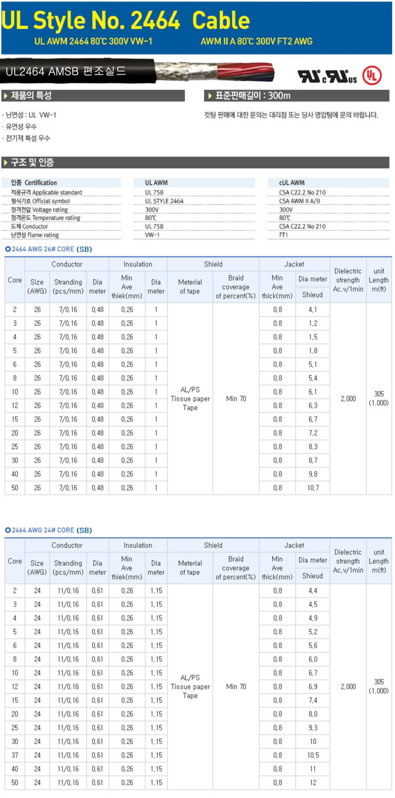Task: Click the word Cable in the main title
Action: [x=220, y=21]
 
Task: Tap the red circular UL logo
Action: [x=372, y=76]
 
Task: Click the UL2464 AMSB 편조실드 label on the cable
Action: [x=66, y=72]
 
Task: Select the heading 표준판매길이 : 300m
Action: [x=253, y=96]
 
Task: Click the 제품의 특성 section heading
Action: [x=31, y=96]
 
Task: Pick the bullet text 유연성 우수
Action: [x=21, y=127]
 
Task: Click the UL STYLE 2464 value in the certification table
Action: [x=164, y=201]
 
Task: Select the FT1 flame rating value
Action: [x=283, y=235]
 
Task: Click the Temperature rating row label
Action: [x=45, y=218]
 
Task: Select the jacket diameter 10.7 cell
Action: [x=313, y=488]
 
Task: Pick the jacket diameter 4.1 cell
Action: [x=313, y=310]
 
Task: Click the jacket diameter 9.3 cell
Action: [x=313, y=728]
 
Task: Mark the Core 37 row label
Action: [x=15, y=755]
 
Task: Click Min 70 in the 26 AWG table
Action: [x=236, y=399]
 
